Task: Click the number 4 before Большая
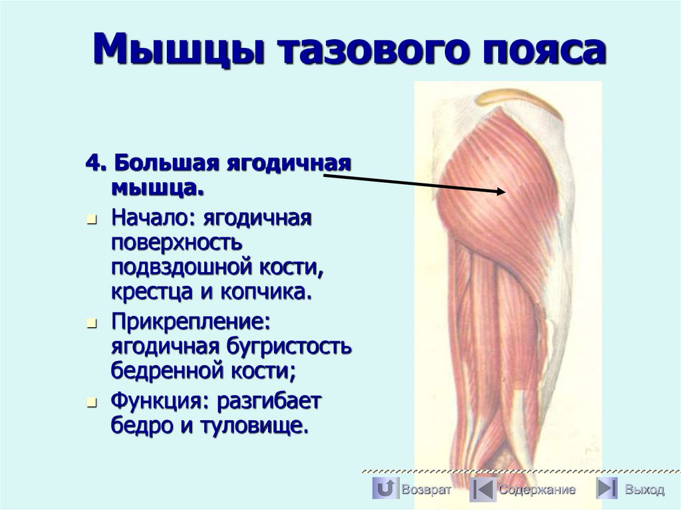click(x=91, y=163)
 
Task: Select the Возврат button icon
click(x=385, y=489)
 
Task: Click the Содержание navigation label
click(x=537, y=490)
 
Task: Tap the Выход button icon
click(x=607, y=489)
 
